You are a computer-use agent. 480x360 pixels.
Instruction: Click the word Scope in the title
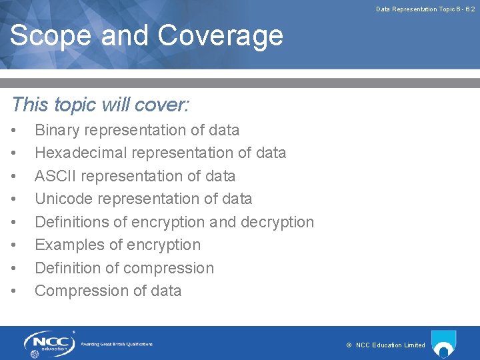coord(50,35)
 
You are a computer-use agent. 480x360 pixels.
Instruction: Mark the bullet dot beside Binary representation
coord(15,131)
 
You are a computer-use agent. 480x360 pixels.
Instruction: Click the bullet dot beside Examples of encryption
coord(15,245)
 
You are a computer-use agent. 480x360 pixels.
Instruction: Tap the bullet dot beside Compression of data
coord(15,291)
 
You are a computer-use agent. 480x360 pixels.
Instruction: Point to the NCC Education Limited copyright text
coord(386,345)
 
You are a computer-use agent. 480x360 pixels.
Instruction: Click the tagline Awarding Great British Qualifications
coord(117,344)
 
